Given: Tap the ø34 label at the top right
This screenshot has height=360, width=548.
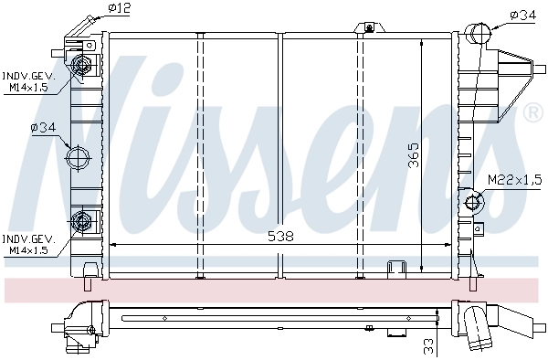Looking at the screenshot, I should pos(523,14).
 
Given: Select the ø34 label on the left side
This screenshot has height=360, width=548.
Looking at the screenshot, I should pos(44,127).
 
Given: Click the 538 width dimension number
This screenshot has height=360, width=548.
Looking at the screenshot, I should pos(281,236).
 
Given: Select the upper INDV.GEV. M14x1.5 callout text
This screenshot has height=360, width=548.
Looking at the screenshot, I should pos(29,80).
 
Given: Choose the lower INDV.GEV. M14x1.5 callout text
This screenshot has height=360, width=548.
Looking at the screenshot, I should pos(29,243).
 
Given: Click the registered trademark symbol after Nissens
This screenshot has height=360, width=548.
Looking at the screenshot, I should pos(532,113).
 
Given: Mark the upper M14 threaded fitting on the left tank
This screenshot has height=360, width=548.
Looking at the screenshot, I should pos(83,65).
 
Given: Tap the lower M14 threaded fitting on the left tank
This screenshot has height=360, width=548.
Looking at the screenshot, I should pos(83,220).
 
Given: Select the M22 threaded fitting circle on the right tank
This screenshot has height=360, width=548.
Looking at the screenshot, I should pos(473,202).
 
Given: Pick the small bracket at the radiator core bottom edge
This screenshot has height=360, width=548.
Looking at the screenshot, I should pos(397,267).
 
